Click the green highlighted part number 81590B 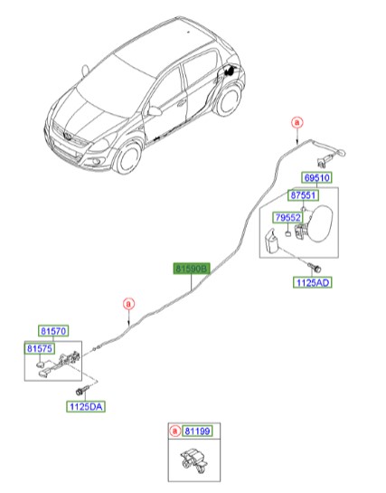(192, 269)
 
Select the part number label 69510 (316, 178)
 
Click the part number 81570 (52, 332)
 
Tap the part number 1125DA (85, 407)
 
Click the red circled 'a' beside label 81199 (175, 432)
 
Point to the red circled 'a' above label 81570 (129, 303)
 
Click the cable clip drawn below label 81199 (193, 463)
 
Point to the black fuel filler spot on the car (233, 69)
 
